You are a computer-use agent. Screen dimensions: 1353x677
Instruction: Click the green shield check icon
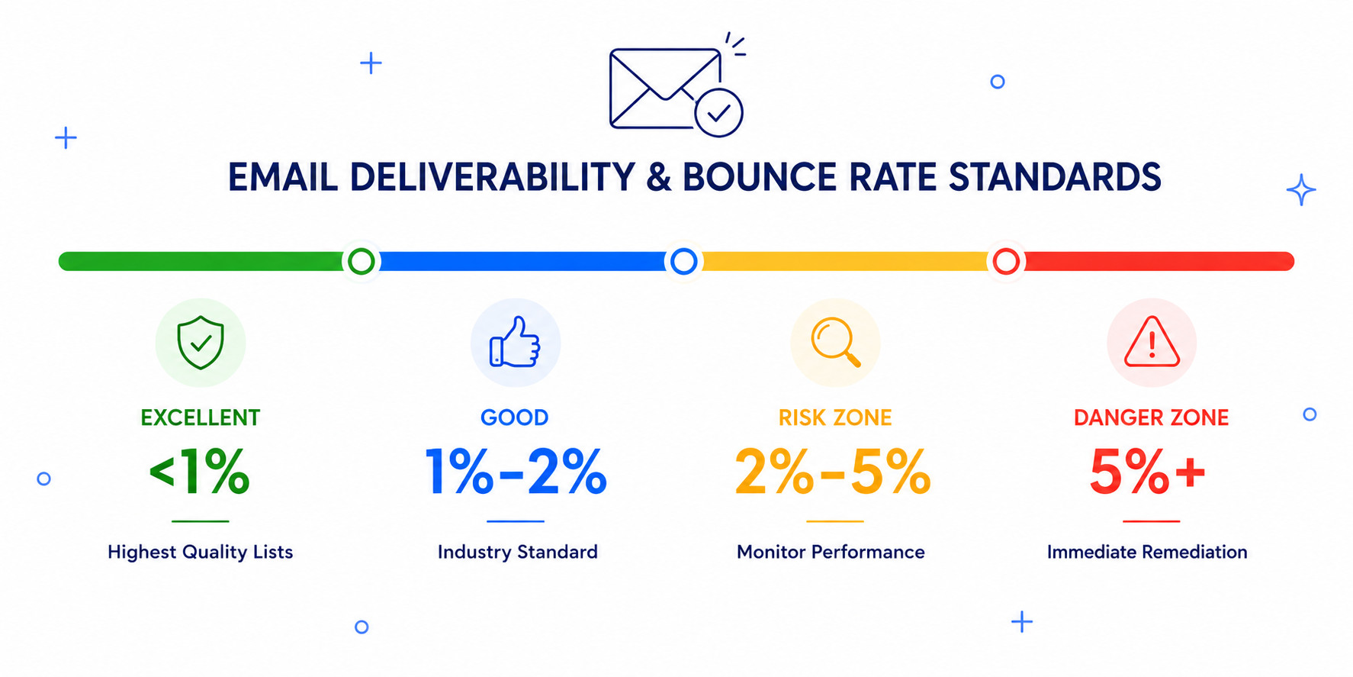click(x=201, y=343)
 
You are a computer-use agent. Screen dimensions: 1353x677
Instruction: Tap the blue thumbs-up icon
click(x=515, y=342)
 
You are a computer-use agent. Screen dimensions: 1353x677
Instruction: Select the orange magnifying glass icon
click(x=836, y=342)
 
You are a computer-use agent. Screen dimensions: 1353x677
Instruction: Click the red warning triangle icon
click(x=1152, y=342)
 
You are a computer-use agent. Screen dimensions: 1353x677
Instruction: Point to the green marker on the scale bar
click(x=361, y=261)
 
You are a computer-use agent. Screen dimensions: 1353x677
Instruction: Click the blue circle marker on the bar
click(x=683, y=261)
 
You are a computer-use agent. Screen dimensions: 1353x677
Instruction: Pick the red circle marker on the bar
click(x=1006, y=261)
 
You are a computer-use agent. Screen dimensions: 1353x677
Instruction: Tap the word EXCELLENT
click(x=201, y=417)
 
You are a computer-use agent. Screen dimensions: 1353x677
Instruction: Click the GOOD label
click(x=515, y=417)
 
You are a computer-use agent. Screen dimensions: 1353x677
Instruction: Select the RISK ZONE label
click(x=835, y=417)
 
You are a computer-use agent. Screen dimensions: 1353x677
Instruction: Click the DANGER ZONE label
click(x=1152, y=417)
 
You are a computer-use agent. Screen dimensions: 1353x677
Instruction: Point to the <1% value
click(x=200, y=472)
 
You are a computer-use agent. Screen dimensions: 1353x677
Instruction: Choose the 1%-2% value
click(x=516, y=472)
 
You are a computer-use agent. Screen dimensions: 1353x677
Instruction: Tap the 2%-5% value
click(x=833, y=472)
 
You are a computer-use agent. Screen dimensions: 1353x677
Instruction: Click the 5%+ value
click(x=1148, y=472)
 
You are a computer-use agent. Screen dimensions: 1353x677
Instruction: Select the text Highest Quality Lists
click(x=201, y=552)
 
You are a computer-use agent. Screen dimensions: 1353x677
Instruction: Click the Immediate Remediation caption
click(x=1147, y=552)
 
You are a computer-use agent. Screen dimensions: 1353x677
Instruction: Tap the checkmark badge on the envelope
click(x=718, y=113)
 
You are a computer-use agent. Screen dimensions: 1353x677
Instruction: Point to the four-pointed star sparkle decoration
click(x=1301, y=189)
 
